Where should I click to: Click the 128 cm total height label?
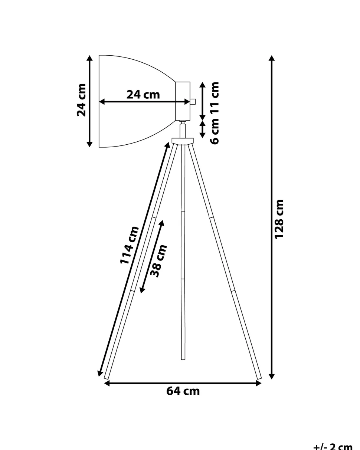tap(279, 219)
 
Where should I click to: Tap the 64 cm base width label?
tap(183, 391)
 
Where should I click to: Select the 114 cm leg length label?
tap(129, 245)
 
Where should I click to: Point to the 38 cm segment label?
tap(158, 261)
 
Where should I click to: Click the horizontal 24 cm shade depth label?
tap(143, 95)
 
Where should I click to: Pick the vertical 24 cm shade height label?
tap(81, 100)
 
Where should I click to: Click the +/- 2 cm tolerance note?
tap(333, 446)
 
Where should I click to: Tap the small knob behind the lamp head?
tap(193, 101)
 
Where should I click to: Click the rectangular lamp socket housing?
tap(183, 101)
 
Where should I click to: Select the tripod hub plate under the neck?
tap(183, 141)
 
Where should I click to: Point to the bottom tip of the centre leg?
tap(183, 358)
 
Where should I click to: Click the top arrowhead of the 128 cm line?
tap(272, 58)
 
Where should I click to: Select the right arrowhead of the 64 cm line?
tap(259, 383)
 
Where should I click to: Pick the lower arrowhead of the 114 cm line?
tap(100, 374)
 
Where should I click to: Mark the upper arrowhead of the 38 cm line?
tap(161, 223)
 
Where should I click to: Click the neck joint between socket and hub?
tap(183, 130)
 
